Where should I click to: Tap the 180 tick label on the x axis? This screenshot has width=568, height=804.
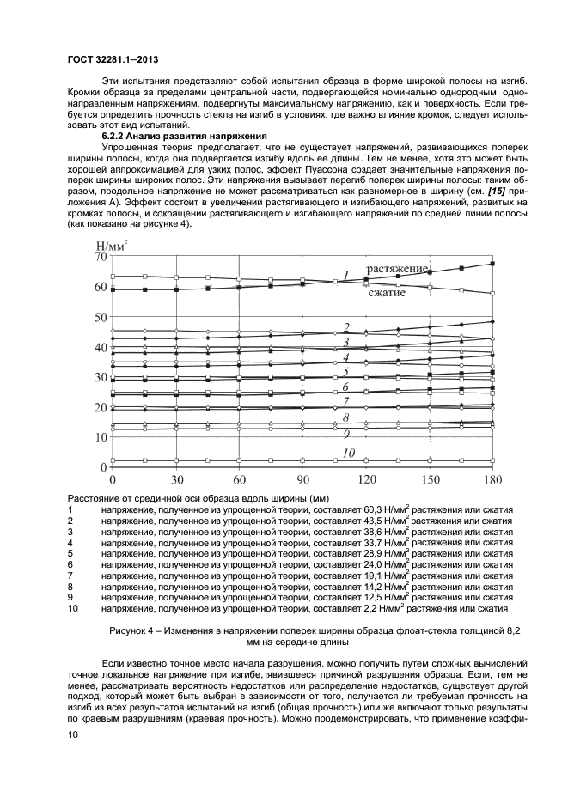[492, 478]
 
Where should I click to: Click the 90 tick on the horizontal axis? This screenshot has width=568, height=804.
[302, 478]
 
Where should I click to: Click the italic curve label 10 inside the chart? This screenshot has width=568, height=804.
[349, 452]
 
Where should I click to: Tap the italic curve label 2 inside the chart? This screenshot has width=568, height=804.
[345, 327]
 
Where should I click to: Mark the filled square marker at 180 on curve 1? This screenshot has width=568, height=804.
[492, 264]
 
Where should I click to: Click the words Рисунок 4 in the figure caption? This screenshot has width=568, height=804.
[134, 630]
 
